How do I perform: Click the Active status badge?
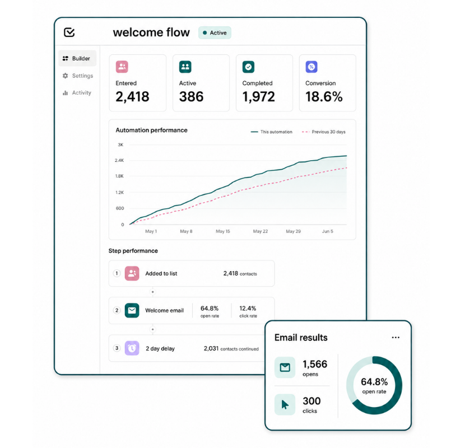tap(215, 32)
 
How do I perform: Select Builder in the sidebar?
tap(77, 58)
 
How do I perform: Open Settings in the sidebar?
tap(78, 76)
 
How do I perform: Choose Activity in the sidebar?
tap(77, 93)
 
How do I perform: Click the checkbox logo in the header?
tap(69, 32)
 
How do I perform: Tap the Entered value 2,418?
tap(132, 97)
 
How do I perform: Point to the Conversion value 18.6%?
tap(324, 97)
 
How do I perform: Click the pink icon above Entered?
tap(122, 67)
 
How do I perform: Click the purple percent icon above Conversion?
tap(312, 67)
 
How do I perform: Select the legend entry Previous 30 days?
tap(323, 132)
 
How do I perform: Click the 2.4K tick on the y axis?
tap(119, 160)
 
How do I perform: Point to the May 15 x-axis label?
tap(223, 231)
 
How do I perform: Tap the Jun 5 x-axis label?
tap(327, 231)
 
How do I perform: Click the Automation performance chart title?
tap(151, 130)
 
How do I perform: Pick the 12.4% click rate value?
tap(248, 309)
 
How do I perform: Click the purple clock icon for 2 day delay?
tap(132, 348)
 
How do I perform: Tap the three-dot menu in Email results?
tap(396, 338)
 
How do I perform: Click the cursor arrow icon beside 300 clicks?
tap(285, 404)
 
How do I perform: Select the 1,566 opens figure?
tap(315, 364)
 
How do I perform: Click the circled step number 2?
tap(117, 310)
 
